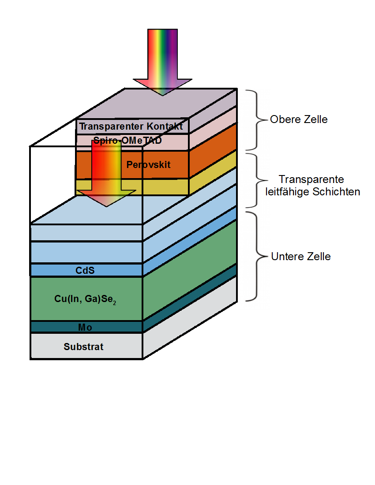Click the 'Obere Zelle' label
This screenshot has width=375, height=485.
(299, 119)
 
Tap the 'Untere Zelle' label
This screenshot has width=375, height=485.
(301, 257)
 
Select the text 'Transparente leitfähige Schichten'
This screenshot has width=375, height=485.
(312, 186)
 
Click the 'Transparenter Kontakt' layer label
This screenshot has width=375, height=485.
(131, 127)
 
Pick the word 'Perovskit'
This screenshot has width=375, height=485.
(148, 165)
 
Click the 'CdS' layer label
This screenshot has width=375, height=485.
(85, 270)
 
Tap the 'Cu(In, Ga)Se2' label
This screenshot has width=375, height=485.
(86, 299)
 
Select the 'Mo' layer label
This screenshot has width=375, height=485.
(85, 327)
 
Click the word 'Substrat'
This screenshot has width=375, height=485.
(84, 347)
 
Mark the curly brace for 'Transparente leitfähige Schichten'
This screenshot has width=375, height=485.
(253, 180)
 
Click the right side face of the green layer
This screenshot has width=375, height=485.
(190, 269)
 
